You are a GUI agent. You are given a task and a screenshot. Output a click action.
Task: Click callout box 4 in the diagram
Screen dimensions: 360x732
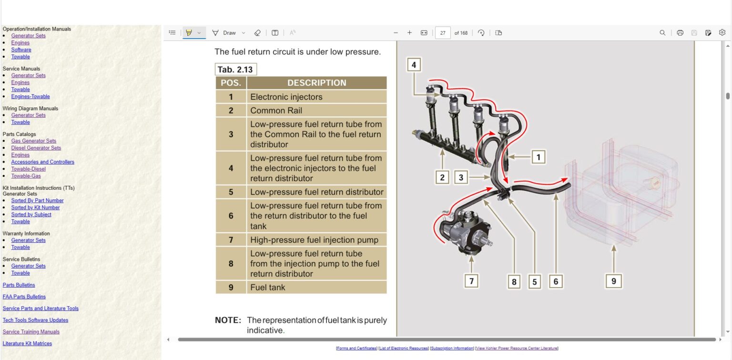pyautogui.click(x=414, y=64)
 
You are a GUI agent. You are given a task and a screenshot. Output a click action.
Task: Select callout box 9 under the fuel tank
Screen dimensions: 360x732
pyautogui.click(x=613, y=281)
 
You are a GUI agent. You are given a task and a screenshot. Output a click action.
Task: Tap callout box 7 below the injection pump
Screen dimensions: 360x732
pyautogui.click(x=471, y=281)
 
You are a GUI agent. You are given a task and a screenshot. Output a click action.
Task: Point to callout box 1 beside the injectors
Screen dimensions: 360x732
pyautogui.click(x=538, y=157)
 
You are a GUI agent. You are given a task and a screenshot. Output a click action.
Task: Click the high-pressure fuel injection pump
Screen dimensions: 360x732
pyautogui.click(x=465, y=234)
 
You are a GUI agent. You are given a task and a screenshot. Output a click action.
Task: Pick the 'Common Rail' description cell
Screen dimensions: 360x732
pyautogui.click(x=316, y=111)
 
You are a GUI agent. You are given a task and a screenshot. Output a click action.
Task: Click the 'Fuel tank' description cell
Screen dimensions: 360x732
pyautogui.click(x=316, y=287)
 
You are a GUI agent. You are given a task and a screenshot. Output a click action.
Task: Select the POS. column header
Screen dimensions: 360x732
pyautogui.click(x=231, y=83)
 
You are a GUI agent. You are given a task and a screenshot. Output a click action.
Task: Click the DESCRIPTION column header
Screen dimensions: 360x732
pyautogui.click(x=316, y=83)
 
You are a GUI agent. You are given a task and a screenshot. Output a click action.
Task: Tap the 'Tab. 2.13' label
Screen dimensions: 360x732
pyautogui.click(x=235, y=70)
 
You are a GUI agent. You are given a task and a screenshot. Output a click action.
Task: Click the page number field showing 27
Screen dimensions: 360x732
pyautogui.click(x=443, y=33)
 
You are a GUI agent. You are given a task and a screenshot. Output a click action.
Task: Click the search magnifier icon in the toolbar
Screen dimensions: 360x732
pyautogui.click(x=662, y=33)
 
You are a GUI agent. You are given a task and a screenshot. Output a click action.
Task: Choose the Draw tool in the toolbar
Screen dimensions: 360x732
pyautogui.click(x=224, y=33)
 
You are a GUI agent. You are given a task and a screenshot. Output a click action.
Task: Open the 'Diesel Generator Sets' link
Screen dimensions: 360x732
pyautogui.click(x=36, y=148)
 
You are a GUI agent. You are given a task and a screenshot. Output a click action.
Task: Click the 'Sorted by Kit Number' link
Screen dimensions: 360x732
pyautogui.click(x=35, y=207)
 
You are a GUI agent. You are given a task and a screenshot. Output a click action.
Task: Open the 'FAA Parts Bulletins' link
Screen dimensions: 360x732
pyautogui.click(x=24, y=297)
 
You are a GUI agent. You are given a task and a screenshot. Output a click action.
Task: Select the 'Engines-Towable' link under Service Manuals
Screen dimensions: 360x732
pyautogui.click(x=30, y=96)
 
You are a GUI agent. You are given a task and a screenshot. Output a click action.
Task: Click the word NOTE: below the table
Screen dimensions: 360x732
pyautogui.click(x=228, y=320)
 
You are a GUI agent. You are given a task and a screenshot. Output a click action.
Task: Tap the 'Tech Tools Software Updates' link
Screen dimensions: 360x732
pyautogui.click(x=35, y=320)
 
